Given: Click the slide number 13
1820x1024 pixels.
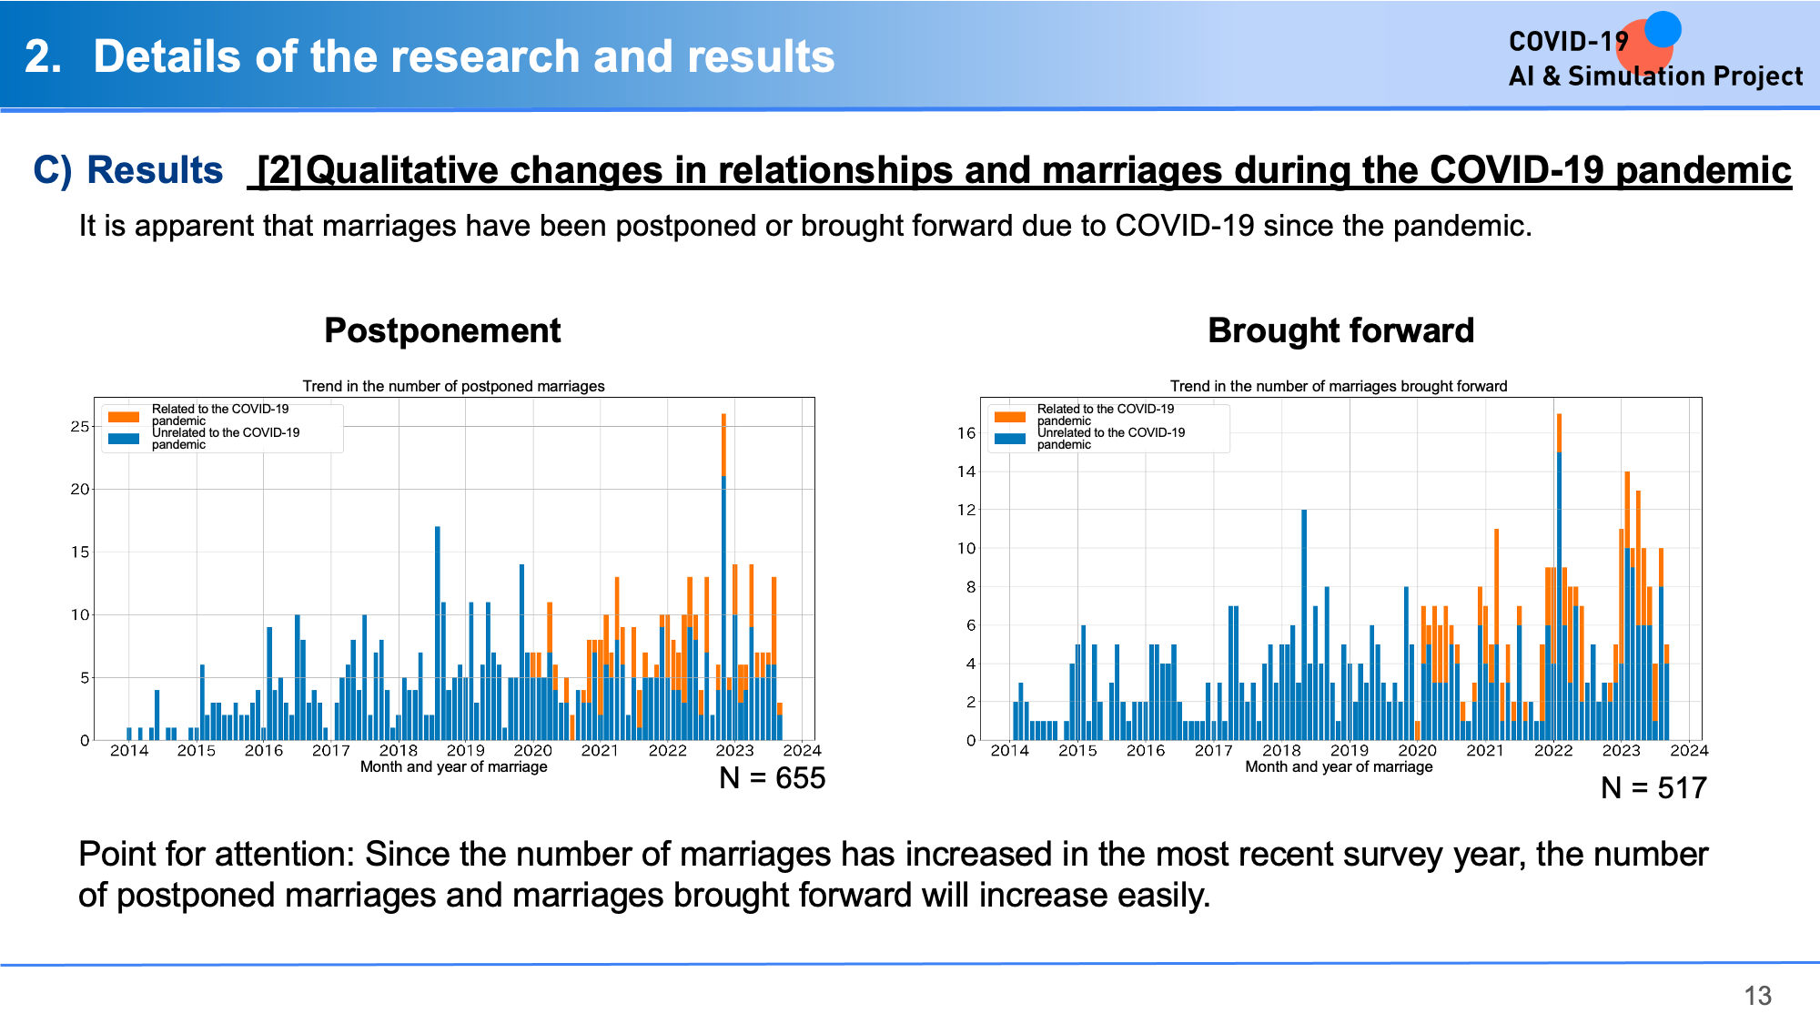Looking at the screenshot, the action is [1757, 996].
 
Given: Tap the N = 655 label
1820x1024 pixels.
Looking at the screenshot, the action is [772, 778].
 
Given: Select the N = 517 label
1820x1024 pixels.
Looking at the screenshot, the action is [1653, 788].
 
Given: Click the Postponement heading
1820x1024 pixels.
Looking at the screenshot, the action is [442, 330].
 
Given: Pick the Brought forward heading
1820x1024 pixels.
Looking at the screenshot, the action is [1340, 330].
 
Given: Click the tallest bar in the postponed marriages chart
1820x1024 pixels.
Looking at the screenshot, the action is [723, 577].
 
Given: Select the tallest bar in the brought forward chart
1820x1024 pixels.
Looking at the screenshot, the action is [1559, 577].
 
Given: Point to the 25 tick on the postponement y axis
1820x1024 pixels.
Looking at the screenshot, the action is [80, 427].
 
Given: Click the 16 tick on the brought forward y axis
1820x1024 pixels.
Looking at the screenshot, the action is [966, 433].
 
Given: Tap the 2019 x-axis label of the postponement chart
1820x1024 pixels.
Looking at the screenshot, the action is [465, 751].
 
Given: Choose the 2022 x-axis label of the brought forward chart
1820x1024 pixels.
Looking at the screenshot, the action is [1552, 751].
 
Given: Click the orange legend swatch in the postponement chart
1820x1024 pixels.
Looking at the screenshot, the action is [124, 417].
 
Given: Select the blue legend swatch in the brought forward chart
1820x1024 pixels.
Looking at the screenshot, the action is [1010, 439].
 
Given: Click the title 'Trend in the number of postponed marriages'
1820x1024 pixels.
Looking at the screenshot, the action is [453, 386].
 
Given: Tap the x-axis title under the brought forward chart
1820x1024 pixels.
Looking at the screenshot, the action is [1339, 766].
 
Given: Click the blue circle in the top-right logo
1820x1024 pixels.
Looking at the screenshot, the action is [1663, 29].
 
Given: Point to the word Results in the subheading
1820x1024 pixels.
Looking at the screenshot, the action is [155, 170].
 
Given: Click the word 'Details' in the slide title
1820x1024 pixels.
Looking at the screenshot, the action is [168, 56].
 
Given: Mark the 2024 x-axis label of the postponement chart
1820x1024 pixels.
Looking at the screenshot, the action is [802, 751].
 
